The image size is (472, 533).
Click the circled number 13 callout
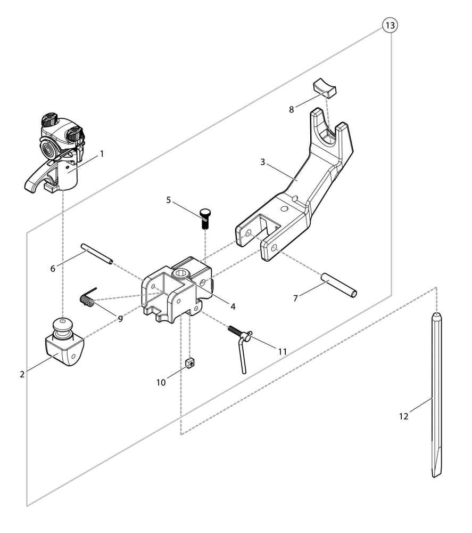390,25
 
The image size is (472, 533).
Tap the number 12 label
403,416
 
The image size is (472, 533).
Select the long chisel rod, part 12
436,395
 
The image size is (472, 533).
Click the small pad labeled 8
325,87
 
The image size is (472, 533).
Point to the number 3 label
263,162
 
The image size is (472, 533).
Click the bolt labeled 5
205,219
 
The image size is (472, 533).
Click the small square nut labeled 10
191,363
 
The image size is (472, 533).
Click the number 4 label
233,306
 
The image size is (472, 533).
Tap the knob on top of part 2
62,325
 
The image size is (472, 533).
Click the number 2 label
22,374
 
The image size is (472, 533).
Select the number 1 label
102,154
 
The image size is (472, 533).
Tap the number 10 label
161,382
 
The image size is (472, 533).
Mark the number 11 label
283,351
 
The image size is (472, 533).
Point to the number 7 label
295,298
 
